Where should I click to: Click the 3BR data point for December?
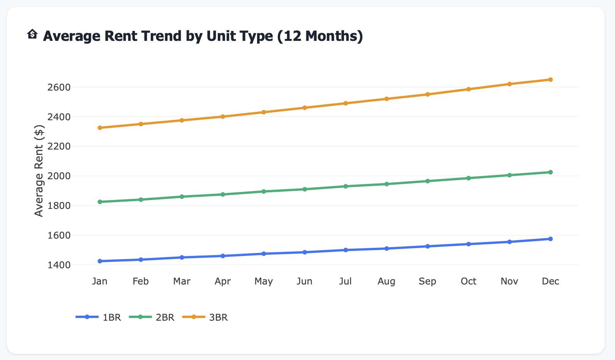(550, 80)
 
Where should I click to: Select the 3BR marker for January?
(100, 128)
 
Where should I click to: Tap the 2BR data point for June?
(304, 189)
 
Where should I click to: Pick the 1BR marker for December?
(550, 239)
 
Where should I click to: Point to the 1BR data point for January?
(100, 261)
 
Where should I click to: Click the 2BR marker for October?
(469, 178)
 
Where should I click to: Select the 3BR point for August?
(386, 99)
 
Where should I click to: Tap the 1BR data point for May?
(264, 254)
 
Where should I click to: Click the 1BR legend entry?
(99, 317)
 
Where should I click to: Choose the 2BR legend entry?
(152, 317)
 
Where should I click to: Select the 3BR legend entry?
(205, 317)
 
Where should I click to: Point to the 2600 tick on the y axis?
(59, 87)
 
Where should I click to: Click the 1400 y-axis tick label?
(59, 265)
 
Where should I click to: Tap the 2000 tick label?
(59, 176)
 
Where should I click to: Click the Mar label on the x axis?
(181, 281)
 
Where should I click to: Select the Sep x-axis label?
(427, 281)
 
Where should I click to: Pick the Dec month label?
(550, 281)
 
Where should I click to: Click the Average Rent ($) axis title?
(39, 171)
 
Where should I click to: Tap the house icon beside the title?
(32, 35)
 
